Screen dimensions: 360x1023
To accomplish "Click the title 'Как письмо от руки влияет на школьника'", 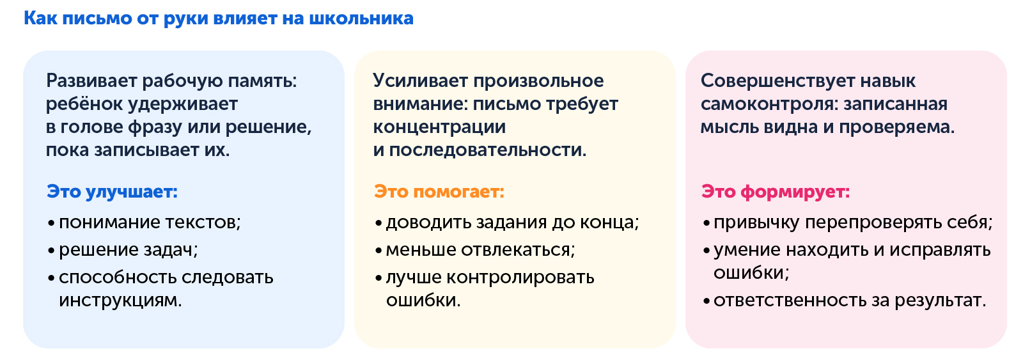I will click(x=218, y=19).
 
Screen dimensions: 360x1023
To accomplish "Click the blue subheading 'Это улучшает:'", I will click(x=112, y=192).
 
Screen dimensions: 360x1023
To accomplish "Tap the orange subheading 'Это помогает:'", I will click(x=439, y=192).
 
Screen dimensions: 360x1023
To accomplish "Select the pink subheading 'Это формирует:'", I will click(x=776, y=192).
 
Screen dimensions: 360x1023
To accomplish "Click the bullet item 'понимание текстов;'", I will click(x=150, y=223).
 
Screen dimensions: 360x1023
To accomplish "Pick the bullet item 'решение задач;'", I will click(x=128, y=250).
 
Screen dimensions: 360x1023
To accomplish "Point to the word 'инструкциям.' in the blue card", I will click(x=120, y=301).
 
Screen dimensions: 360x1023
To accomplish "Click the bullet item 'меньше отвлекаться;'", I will click(x=480, y=250).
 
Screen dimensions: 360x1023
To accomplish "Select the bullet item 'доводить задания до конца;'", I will click(x=512, y=223).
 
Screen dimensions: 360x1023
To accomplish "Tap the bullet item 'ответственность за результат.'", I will click(x=849, y=301).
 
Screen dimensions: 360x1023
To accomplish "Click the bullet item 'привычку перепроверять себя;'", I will click(x=853, y=223).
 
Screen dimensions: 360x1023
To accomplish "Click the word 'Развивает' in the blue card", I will click(x=91, y=81).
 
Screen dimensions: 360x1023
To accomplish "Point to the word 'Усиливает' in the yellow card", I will click(x=420, y=81).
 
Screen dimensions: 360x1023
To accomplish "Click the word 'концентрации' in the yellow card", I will click(x=439, y=127).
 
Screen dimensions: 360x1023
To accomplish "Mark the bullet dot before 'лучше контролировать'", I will click(x=379, y=279).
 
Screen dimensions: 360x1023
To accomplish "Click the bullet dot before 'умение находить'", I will click(x=707, y=251).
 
